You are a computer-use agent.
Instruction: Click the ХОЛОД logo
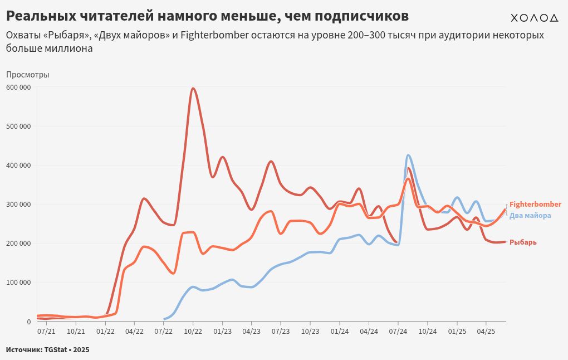click(x=534, y=18)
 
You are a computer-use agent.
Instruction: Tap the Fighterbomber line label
click(x=535, y=205)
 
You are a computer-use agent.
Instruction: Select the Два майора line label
click(x=530, y=216)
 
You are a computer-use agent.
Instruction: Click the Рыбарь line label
click(x=523, y=242)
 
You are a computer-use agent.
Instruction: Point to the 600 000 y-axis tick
click(x=19, y=87)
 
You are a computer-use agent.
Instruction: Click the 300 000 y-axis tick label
click(x=19, y=204)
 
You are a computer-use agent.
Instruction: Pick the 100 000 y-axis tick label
click(x=19, y=282)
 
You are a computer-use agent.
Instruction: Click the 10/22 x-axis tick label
click(x=193, y=331)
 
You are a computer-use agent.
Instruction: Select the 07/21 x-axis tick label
click(x=46, y=331)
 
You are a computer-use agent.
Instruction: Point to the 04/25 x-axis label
click(x=486, y=331)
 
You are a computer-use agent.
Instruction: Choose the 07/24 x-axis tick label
click(x=398, y=331)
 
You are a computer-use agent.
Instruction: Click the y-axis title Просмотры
click(x=28, y=75)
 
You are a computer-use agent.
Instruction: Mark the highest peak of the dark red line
click(x=193, y=88)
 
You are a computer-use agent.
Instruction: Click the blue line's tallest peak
click(x=408, y=155)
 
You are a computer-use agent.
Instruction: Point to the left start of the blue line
click(x=164, y=319)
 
